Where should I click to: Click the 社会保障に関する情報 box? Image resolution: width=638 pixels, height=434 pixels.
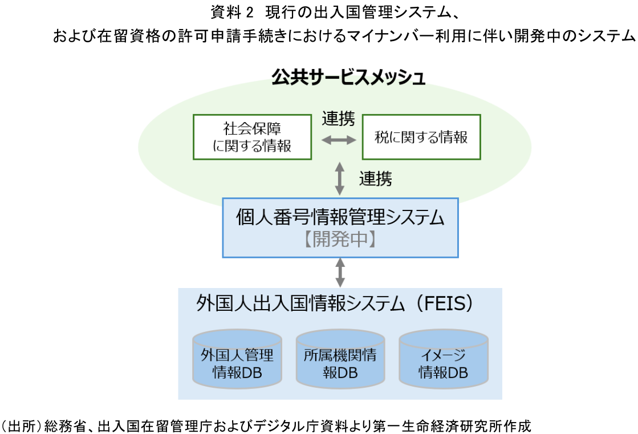click(x=252, y=137)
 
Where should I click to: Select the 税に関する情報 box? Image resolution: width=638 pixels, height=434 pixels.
click(x=421, y=137)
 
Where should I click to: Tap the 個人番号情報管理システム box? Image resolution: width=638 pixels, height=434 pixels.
click(x=340, y=227)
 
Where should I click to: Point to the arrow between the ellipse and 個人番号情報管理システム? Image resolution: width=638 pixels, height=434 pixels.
click(x=340, y=178)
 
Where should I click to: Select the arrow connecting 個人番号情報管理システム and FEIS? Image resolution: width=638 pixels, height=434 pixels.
click(x=340, y=272)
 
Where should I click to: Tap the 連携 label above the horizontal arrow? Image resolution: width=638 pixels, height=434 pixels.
click(x=338, y=119)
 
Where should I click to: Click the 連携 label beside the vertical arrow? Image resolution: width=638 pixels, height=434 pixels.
click(x=375, y=179)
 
